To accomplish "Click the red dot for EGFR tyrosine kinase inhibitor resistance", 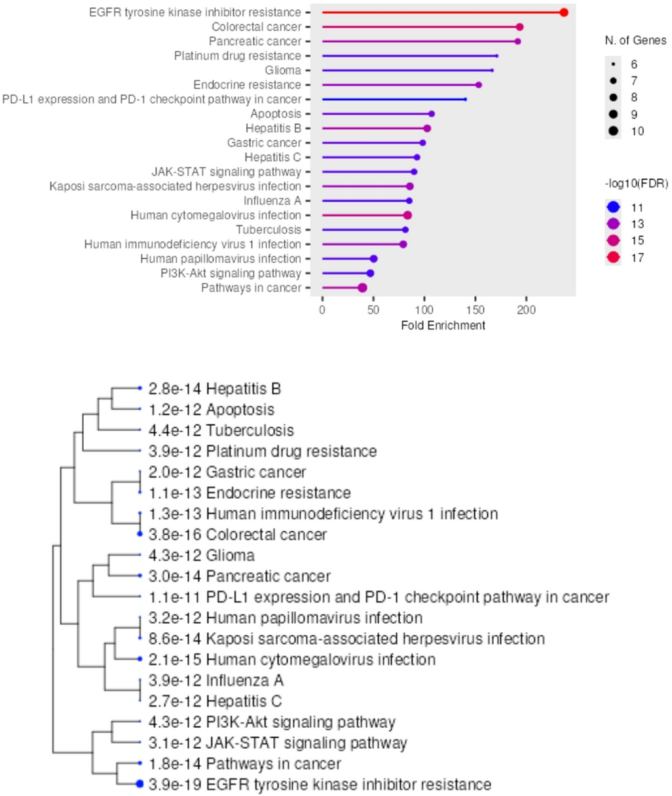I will click(564, 12).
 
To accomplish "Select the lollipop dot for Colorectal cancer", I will click(519, 27).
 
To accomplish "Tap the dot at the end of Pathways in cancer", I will click(362, 288).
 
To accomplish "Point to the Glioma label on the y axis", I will click(283, 70).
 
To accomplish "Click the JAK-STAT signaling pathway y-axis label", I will click(227, 172).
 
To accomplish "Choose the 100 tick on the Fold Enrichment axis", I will click(424, 309).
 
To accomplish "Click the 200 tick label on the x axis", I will click(527, 309).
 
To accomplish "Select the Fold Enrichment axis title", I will click(443, 325).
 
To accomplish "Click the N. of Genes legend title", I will click(635, 41).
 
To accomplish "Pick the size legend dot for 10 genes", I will click(613, 131).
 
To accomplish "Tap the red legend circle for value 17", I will click(613, 257).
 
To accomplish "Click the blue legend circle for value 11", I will click(613, 208).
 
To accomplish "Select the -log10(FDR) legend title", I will click(636, 184).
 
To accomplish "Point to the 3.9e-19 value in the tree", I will click(175, 785).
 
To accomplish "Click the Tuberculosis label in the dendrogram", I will click(250, 431).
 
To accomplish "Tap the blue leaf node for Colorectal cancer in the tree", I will click(140, 535).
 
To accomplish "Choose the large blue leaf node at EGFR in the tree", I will click(140, 784).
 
